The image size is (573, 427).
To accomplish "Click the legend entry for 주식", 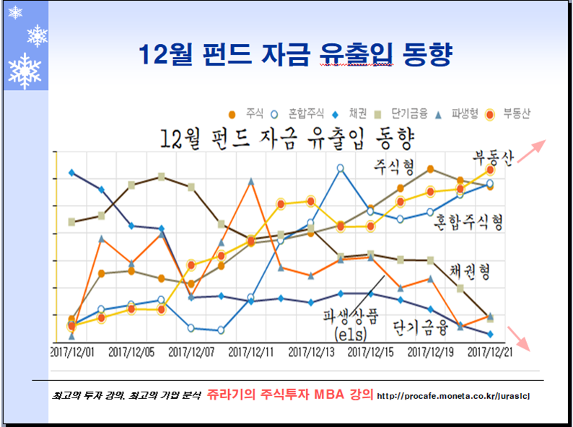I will click(246, 113).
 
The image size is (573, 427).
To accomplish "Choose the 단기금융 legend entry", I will click(401, 113).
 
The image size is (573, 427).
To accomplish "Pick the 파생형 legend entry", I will click(460, 113).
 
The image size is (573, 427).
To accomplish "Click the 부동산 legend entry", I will click(509, 113).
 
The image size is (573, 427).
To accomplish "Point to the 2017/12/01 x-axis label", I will click(72, 353).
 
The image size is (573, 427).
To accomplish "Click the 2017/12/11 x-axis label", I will click(250, 353).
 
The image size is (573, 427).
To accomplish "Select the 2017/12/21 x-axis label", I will click(490, 353).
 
